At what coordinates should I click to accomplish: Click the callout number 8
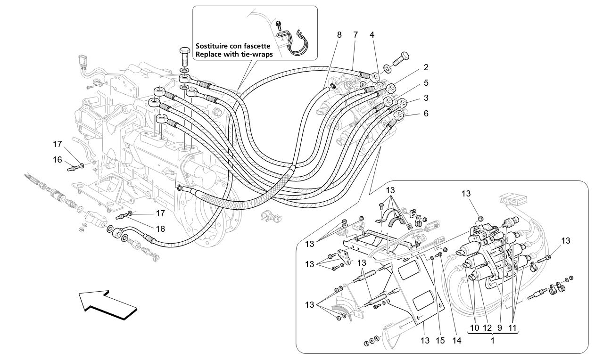pyautogui.click(x=339, y=34)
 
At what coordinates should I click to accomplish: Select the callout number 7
pyautogui.click(x=355, y=34)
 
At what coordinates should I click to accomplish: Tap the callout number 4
pyautogui.click(x=372, y=34)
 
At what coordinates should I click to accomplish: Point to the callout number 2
pyautogui.click(x=426, y=67)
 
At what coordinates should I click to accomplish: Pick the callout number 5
pyautogui.click(x=426, y=82)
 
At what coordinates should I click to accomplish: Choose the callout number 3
pyautogui.click(x=426, y=98)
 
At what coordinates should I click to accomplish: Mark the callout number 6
pyautogui.click(x=426, y=114)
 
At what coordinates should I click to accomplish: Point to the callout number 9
pyautogui.click(x=499, y=327)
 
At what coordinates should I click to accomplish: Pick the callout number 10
pyautogui.click(x=474, y=327)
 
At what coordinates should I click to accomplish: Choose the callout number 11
pyautogui.click(x=512, y=327)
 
